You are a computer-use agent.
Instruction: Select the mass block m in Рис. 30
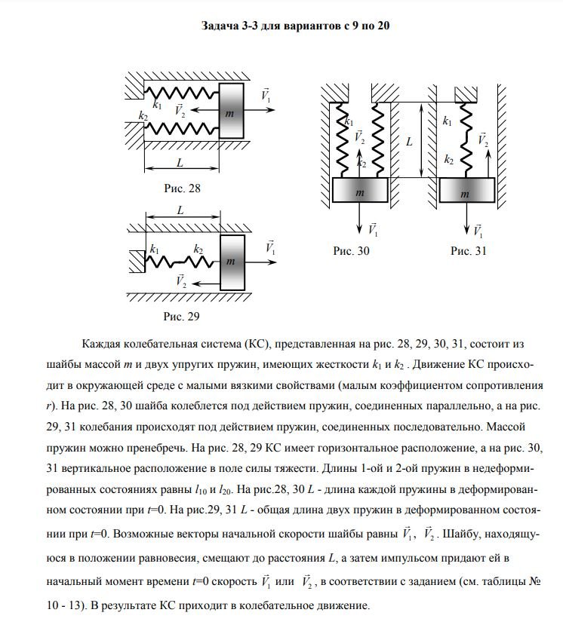coord(360,192)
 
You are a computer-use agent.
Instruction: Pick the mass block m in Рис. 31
coord(467,193)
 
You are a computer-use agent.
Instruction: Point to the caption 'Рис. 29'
coord(183,316)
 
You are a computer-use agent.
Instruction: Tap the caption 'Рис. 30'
coord(352,250)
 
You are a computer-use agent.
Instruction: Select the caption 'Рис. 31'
coord(468,250)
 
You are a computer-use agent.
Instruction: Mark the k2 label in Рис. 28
coord(143,116)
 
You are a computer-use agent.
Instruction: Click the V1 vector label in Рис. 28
coord(266,96)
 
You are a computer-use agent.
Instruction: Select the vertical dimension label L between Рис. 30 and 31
coord(408,141)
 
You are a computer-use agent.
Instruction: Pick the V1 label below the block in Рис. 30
coord(372,228)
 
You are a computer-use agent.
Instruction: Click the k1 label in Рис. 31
coord(447,120)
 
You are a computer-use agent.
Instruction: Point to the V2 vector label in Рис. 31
coord(482,139)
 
